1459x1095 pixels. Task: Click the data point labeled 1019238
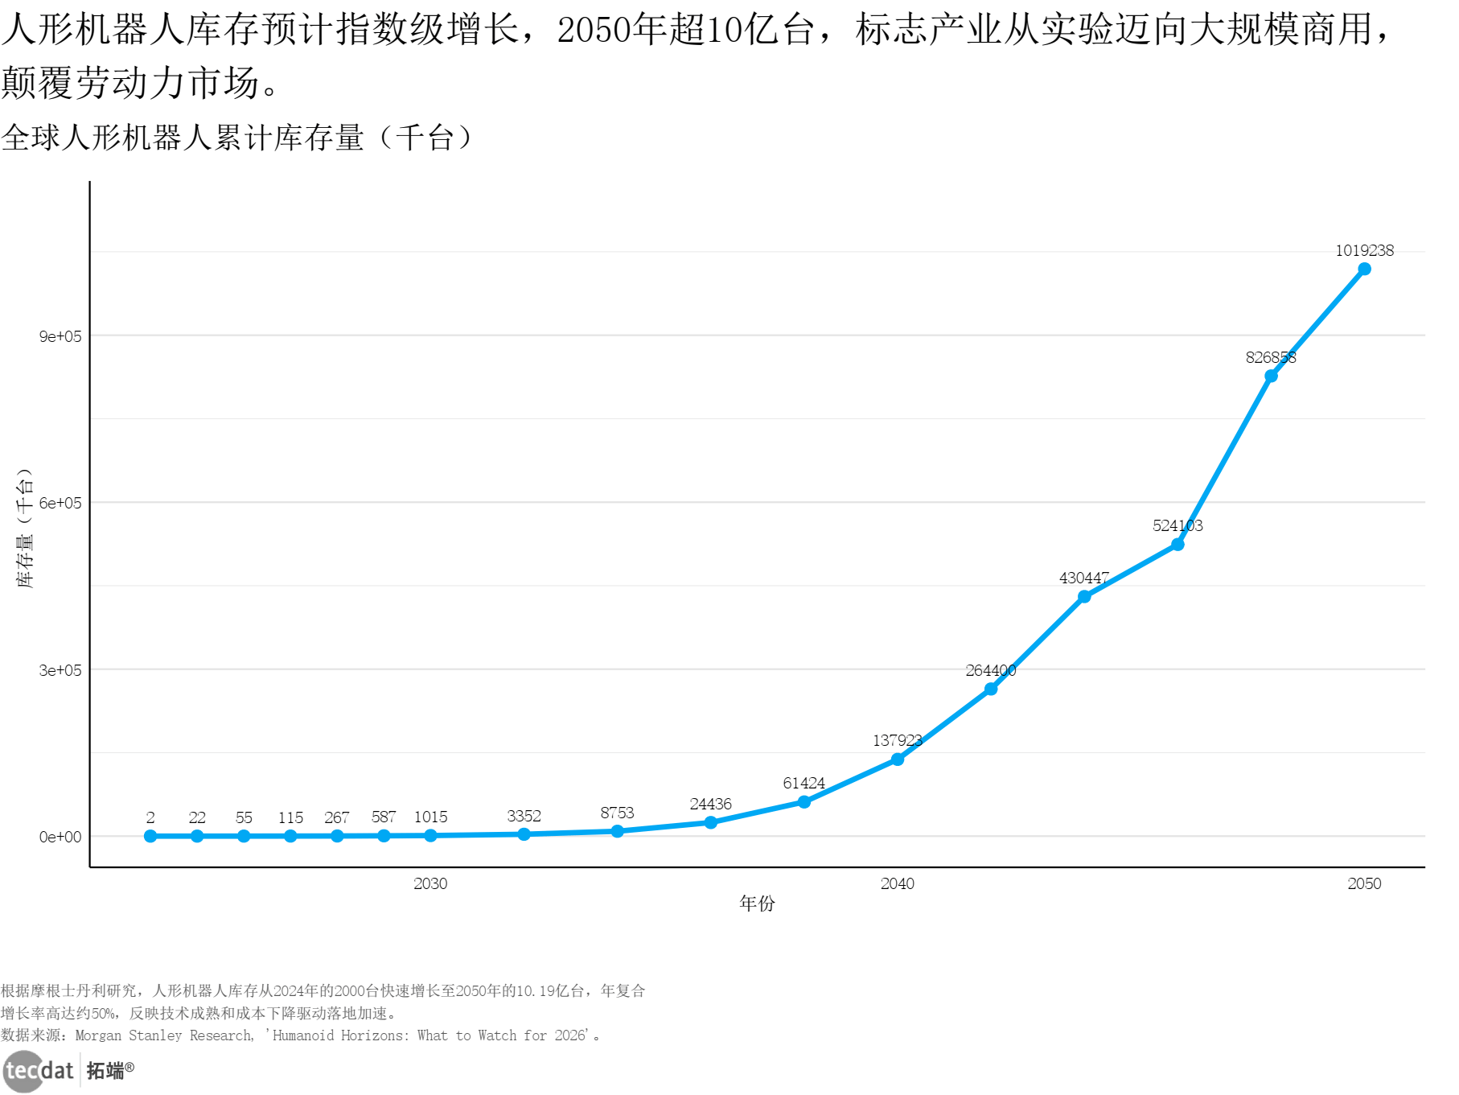pyautogui.click(x=1364, y=269)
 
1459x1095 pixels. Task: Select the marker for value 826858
pyautogui.click(x=1271, y=376)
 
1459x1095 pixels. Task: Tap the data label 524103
pyautogui.click(x=1177, y=525)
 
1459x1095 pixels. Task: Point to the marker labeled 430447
pyautogui.click(x=1084, y=596)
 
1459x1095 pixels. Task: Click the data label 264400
pyautogui.click(x=990, y=670)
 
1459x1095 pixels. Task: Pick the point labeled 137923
pyautogui.click(x=898, y=759)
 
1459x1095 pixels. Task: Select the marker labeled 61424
pyautogui.click(x=803, y=802)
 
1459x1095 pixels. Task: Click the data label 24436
pyautogui.click(x=710, y=804)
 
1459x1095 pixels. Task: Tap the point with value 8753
pyautogui.click(x=617, y=831)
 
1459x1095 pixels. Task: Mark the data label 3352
pyautogui.click(x=524, y=816)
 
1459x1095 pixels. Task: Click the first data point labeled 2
pyautogui.click(x=150, y=836)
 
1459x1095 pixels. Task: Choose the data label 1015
pyautogui.click(x=430, y=817)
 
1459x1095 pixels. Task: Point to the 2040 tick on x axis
pyautogui.click(x=897, y=883)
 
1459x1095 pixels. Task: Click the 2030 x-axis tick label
pyautogui.click(x=430, y=883)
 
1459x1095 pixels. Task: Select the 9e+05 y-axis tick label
pyautogui.click(x=60, y=336)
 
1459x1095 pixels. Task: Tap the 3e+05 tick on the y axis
pyautogui.click(x=60, y=670)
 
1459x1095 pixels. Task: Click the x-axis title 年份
pyautogui.click(x=757, y=904)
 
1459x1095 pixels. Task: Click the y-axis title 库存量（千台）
pyautogui.click(x=25, y=528)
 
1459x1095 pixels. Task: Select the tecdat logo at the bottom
pyautogui.click(x=39, y=1071)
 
